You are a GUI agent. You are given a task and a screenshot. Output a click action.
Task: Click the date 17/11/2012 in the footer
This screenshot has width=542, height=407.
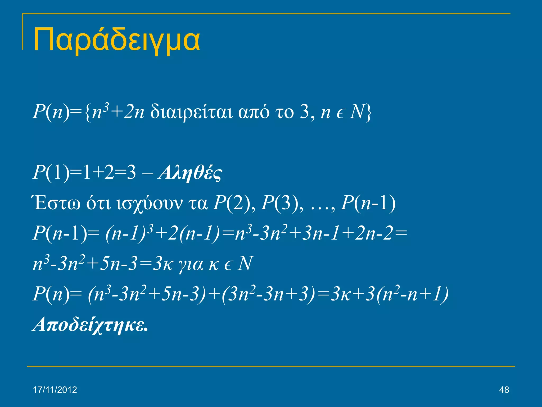tap(55, 390)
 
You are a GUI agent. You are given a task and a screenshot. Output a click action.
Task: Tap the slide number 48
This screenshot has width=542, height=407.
tap(504, 390)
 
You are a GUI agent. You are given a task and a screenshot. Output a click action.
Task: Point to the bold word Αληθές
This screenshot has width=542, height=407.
tap(190, 173)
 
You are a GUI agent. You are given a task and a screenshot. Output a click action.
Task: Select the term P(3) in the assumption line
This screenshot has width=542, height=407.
tap(280, 203)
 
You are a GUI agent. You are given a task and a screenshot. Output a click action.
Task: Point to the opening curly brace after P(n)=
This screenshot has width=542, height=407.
tap(88, 112)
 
